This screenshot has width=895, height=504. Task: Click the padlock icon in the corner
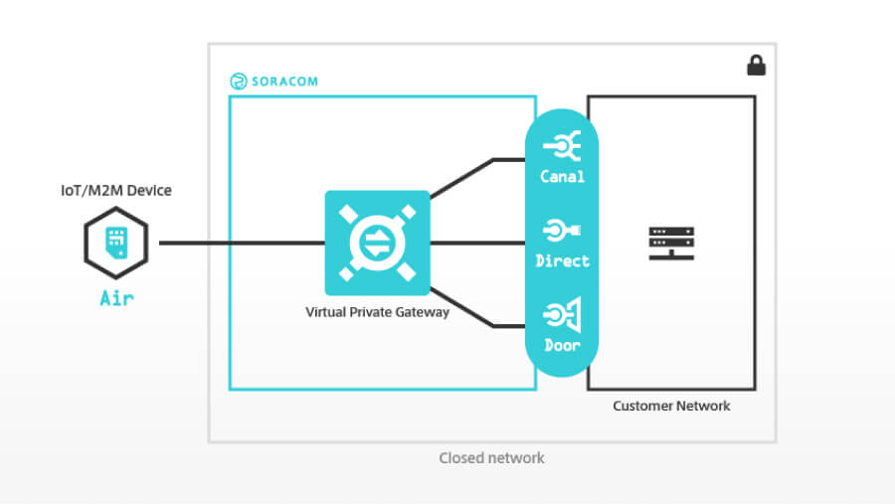(756, 66)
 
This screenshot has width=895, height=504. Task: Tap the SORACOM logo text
(283, 82)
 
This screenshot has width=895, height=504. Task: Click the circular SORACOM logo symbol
(238, 82)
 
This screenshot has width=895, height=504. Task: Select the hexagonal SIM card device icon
(116, 243)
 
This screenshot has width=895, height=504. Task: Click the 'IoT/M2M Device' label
(116, 190)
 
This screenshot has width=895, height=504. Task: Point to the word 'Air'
(116, 297)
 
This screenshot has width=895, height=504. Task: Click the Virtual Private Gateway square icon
(377, 243)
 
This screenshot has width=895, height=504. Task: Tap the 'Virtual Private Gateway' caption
(377, 312)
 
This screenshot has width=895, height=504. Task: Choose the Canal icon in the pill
(563, 147)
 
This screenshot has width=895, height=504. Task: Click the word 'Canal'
(563, 177)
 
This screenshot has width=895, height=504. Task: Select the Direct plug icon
(563, 232)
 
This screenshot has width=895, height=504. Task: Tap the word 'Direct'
(563, 260)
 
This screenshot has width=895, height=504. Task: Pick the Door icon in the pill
(563, 316)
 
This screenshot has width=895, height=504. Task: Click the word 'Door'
(563, 345)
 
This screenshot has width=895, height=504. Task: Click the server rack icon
(671, 243)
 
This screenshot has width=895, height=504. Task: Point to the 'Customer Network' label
(671, 406)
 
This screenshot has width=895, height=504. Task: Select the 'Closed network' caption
(491, 458)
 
